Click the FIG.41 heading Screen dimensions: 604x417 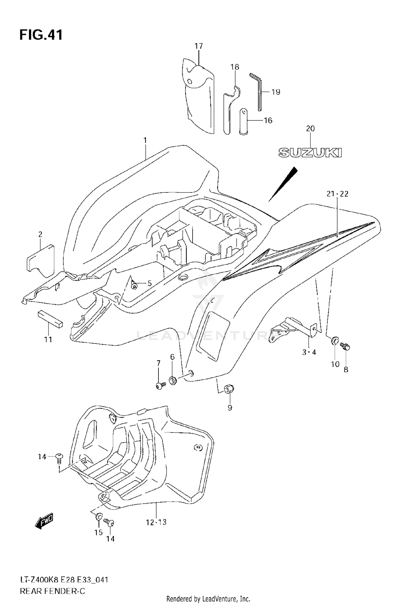point(41,35)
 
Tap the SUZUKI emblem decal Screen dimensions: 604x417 point(310,153)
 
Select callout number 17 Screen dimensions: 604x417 point(199,46)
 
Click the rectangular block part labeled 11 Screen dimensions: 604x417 point(50,319)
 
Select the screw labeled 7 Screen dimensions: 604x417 point(160,385)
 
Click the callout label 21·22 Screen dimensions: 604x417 point(337,194)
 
